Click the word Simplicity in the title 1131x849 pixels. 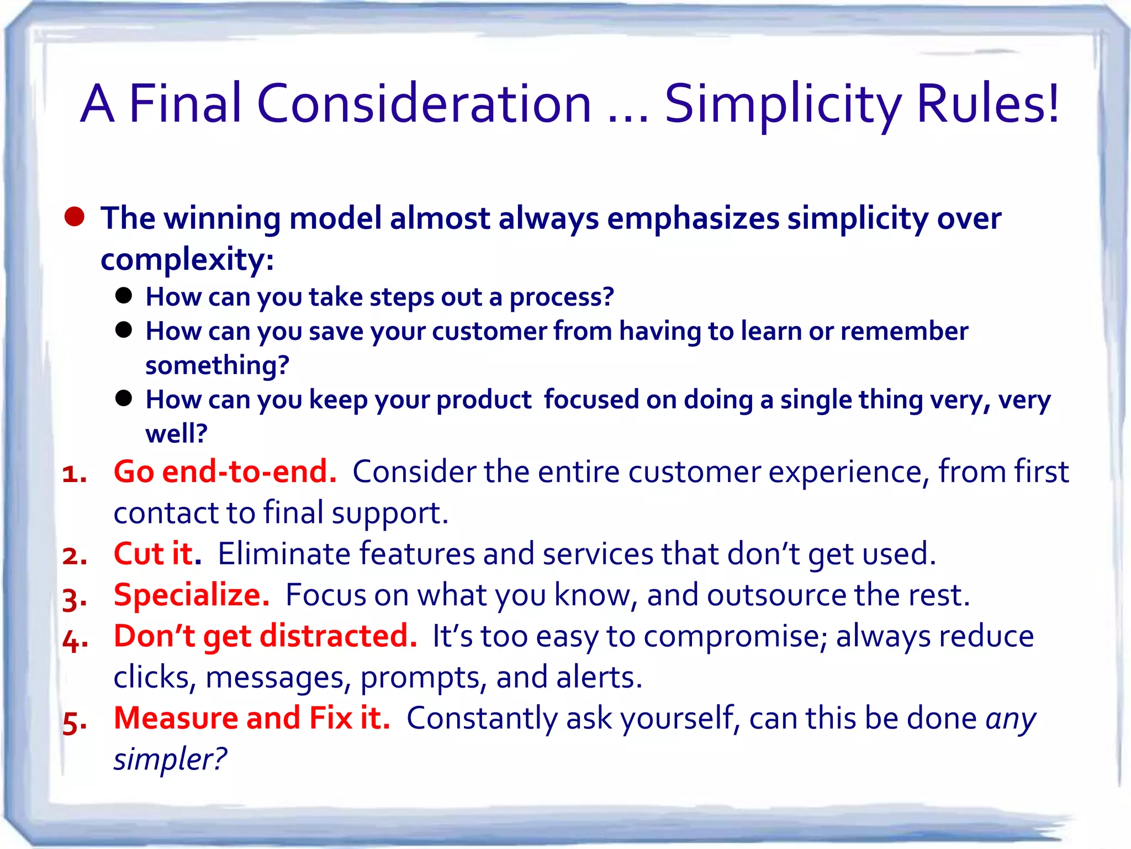coord(783,105)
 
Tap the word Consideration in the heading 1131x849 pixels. coord(424,104)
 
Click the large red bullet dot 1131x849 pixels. coord(74,217)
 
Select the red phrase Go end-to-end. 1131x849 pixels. coord(225,472)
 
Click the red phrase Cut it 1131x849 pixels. coord(157,554)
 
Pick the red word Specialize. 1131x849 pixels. coord(191,595)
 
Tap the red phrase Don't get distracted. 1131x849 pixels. coord(265,636)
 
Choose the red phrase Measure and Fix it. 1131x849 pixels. coord(252,718)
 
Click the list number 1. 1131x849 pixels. coord(74,474)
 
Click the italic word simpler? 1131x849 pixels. coord(170,759)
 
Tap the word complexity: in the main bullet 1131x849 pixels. coord(187,259)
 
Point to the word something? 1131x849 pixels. coord(217,365)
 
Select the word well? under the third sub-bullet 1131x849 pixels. coord(176,433)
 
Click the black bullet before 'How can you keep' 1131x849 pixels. coord(124,398)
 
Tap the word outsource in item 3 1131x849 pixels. coord(776,595)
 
